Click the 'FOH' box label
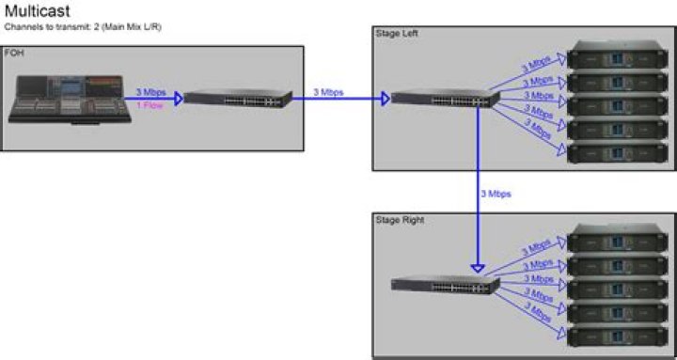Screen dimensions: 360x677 coord(15,55)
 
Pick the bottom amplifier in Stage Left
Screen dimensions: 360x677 coord(615,150)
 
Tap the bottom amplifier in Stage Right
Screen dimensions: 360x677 coord(615,334)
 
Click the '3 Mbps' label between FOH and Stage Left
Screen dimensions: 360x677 coord(330,91)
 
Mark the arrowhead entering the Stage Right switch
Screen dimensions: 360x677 coord(478,269)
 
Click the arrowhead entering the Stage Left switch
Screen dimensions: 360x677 coord(385,98)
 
